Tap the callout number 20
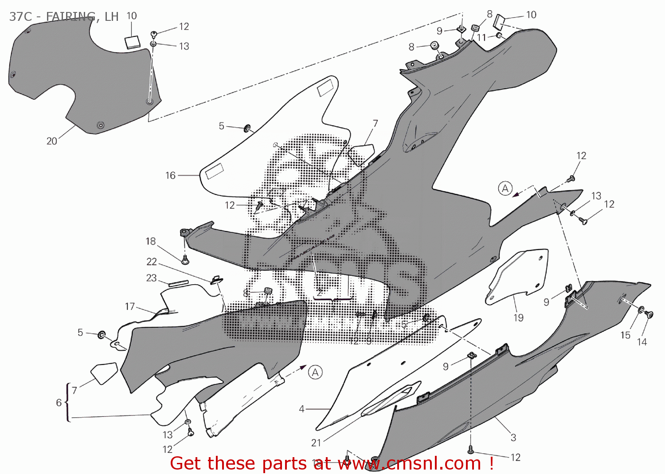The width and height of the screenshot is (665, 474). [52, 141]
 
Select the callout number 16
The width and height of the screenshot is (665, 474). [171, 176]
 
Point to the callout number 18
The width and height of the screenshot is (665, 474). [151, 241]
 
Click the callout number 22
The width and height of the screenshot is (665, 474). [152, 262]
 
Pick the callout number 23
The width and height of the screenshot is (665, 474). [152, 278]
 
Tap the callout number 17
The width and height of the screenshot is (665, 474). [130, 306]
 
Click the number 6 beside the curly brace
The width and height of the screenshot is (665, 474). [59, 403]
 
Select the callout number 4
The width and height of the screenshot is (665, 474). [301, 409]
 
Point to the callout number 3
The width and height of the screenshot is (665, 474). [513, 438]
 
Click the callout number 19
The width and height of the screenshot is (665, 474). [519, 317]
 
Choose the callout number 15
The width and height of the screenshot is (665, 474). [625, 335]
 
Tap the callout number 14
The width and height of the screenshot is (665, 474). [642, 342]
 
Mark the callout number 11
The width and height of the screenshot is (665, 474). [481, 38]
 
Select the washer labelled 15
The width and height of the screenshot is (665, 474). [641, 309]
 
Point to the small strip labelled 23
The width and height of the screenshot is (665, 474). [178, 282]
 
